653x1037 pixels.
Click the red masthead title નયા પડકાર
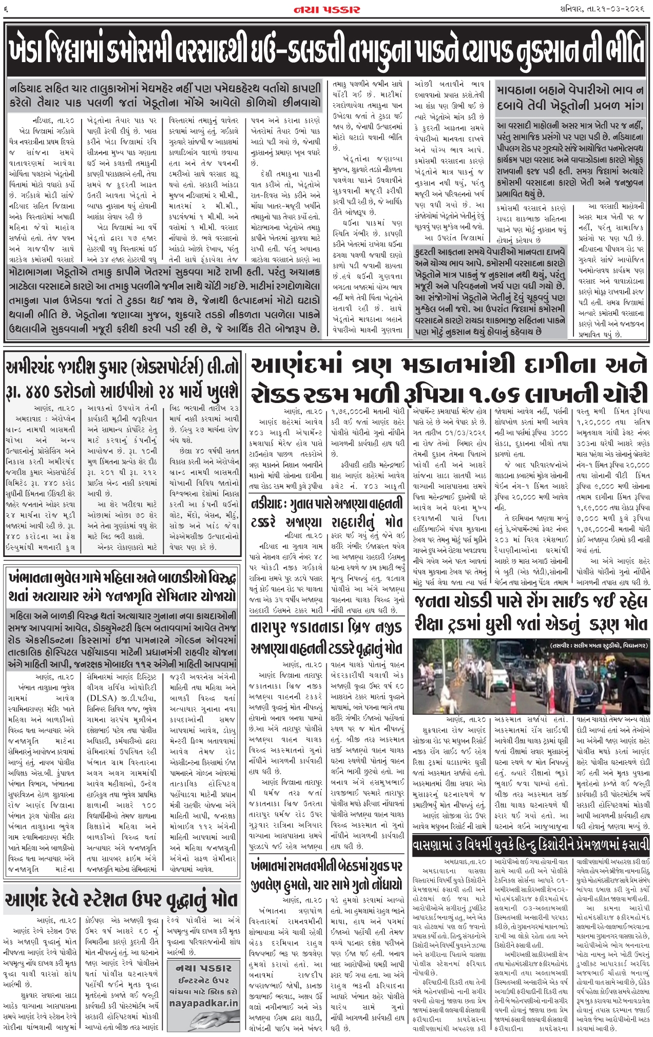tap(326, 10)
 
